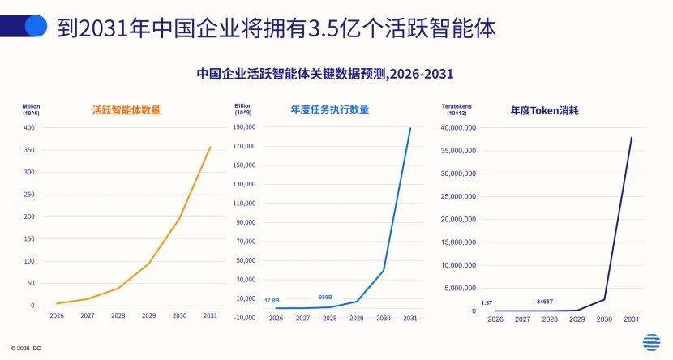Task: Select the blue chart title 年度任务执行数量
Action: [x=329, y=109]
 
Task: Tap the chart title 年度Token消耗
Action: [x=544, y=109]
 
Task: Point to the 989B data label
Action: [x=326, y=297]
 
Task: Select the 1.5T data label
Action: [x=487, y=303]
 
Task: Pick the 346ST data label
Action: [x=545, y=302]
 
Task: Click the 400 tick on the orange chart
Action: [x=29, y=128]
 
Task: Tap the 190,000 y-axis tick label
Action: [x=244, y=127]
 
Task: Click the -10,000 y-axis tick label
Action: [x=244, y=317]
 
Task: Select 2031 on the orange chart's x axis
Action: [x=210, y=316]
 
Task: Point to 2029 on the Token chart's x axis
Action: [x=577, y=319]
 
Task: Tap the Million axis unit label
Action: [x=31, y=106]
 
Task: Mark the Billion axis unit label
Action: [x=243, y=106]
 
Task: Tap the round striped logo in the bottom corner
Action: [x=651, y=343]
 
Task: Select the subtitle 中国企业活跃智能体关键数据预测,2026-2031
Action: [x=324, y=73]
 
